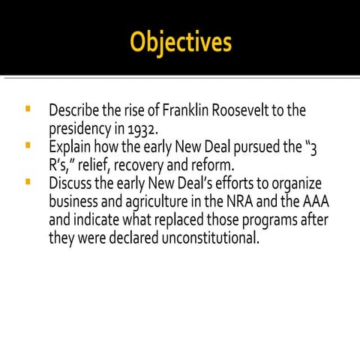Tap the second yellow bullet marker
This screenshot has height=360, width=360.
click(28, 145)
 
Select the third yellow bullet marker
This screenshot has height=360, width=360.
click(28, 181)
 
